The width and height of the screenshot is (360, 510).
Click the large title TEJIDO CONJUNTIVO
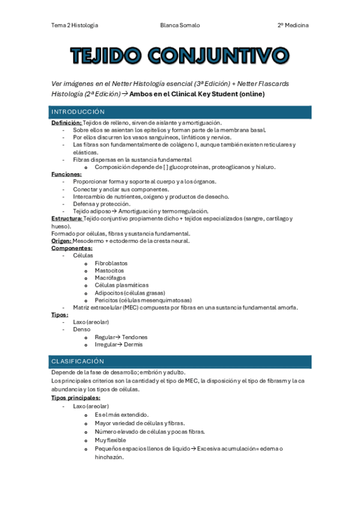tap(180, 56)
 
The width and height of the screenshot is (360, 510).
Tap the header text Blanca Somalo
tap(180, 25)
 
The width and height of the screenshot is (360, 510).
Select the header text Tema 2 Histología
tap(75, 25)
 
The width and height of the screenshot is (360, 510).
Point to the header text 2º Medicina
tap(293, 25)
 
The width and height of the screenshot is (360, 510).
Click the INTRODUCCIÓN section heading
tap(78, 112)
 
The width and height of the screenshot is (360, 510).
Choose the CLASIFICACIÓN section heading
tap(78, 361)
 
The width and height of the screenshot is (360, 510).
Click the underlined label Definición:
tap(66, 122)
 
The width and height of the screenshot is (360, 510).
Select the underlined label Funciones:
tap(66, 174)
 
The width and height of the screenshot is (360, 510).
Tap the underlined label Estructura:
tap(67, 218)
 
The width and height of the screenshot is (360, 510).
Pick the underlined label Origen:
tap(61, 241)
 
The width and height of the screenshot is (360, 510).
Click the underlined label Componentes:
tap(72, 248)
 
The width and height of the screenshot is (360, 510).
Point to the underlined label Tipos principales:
tap(76, 397)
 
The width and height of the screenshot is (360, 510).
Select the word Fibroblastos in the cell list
tap(111, 263)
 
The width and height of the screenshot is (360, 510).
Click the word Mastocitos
tap(109, 271)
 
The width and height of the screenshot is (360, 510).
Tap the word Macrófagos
tap(109, 278)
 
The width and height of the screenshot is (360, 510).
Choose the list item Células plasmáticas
tap(121, 285)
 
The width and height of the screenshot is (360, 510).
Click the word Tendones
tap(135, 337)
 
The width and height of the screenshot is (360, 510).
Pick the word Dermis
tap(133, 345)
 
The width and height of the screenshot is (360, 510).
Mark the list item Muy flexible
tap(110, 440)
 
